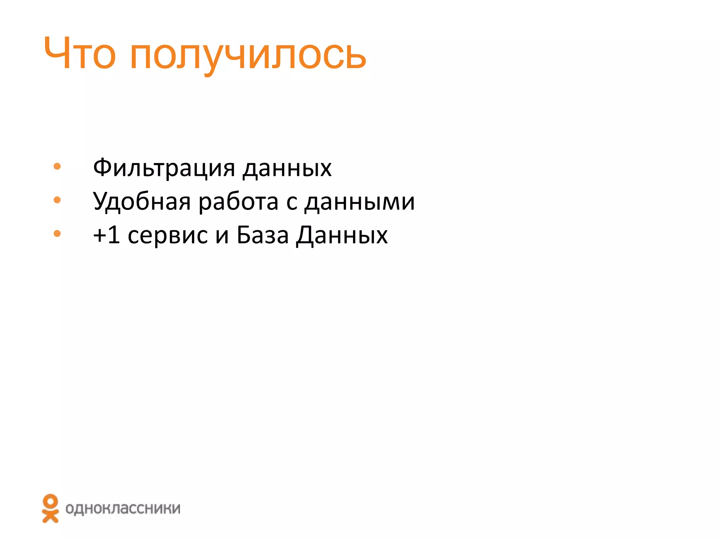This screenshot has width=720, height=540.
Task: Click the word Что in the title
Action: tap(79, 54)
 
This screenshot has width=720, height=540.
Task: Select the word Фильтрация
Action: tap(164, 168)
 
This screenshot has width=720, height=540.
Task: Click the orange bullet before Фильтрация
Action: tap(57, 166)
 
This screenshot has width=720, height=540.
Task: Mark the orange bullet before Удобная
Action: tap(57, 200)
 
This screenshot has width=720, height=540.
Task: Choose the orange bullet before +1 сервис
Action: tap(57, 233)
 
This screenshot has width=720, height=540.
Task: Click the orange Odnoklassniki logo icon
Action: tap(50, 508)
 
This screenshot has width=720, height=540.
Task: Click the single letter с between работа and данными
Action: tap(291, 203)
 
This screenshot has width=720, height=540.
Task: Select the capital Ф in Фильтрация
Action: tap(102, 167)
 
